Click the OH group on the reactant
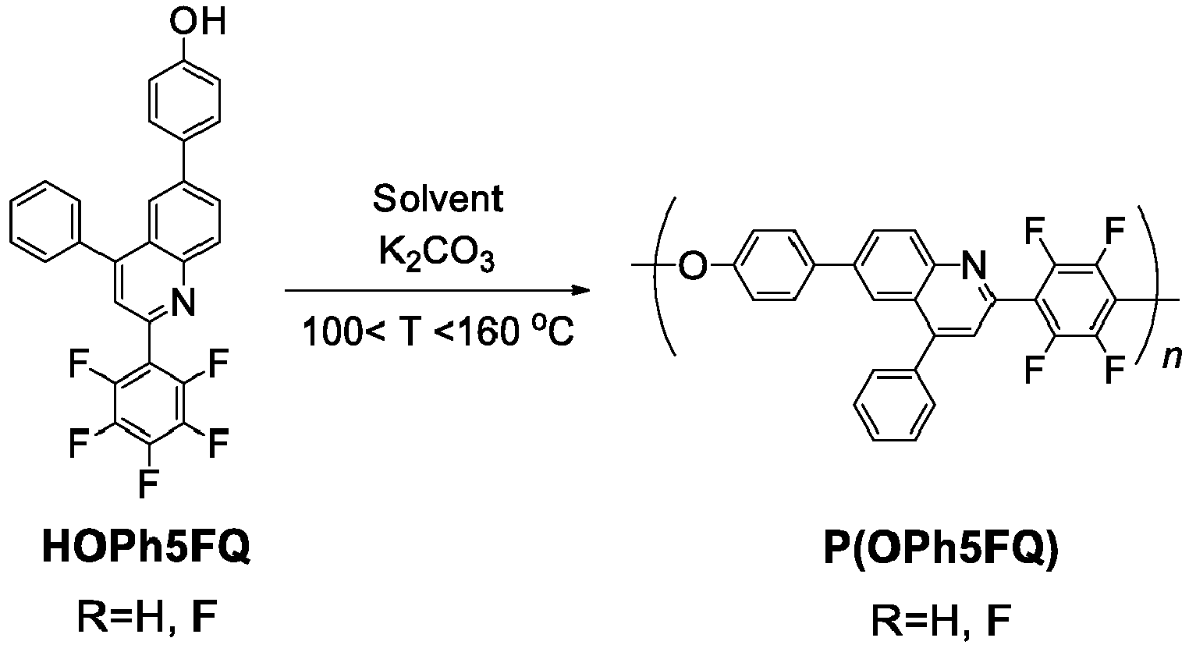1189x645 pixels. point(197,22)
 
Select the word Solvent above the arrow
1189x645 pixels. point(438,199)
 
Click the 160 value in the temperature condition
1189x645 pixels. point(489,332)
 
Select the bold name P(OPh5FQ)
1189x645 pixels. point(941,550)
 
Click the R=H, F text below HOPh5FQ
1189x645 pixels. point(147,618)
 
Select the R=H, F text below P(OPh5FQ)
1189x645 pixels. point(941,621)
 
